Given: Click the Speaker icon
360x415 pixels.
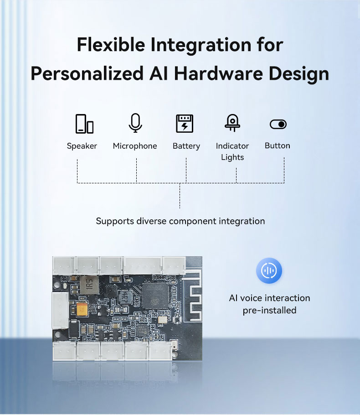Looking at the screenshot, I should tap(84, 124).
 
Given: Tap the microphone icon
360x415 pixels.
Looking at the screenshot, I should tap(135, 123).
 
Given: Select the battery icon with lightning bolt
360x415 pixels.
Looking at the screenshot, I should tap(185, 124).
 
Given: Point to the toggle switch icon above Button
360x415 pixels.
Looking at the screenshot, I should tap(278, 124).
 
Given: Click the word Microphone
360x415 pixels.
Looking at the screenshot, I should tap(135, 146).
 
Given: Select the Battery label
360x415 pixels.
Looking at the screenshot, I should tap(186, 146).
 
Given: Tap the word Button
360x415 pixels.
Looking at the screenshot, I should tap(277, 145).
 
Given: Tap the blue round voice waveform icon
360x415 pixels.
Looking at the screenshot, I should tap(269, 271).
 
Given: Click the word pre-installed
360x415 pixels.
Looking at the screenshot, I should tap(269, 311).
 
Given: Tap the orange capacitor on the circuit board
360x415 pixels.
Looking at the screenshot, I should tap(82, 311).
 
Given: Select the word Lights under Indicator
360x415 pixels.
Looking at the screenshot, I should tap(232, 157).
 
